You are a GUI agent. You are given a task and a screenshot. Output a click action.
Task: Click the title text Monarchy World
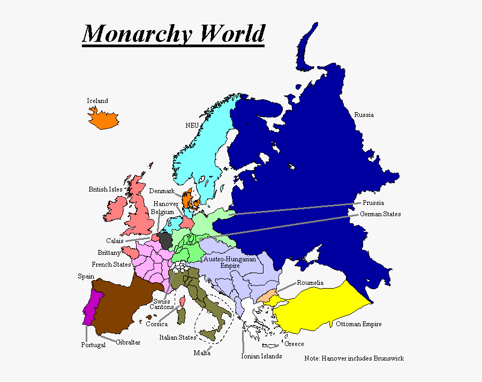pyautogui.click(x=173, y=34)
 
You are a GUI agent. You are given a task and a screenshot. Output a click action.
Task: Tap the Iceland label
pyautogui.click(x=97, y=101)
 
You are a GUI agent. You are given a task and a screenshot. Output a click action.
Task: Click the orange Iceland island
pyautogui.click(x=103, y=119)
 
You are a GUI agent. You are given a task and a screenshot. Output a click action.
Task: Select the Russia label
pyautogui.click(x=364, y=115)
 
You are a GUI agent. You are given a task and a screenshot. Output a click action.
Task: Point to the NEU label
pyautogui.click(x=192, y=125)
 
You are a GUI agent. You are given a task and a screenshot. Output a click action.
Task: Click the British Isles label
pyautogui.click(x=106, y=189)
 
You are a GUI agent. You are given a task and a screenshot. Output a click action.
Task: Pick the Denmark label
pyautogui.click(x=162, y=191)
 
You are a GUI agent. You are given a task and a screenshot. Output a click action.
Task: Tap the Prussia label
pyautogui.click(x=373, y=203)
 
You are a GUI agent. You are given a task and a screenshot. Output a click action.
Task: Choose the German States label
pyautogui.click(x=380, y=214)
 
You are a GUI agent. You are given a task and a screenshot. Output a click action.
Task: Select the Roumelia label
pyautogui.click(x=310, y=283)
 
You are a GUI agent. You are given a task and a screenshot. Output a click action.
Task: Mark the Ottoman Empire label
pyautogui.click(x=359, y=324)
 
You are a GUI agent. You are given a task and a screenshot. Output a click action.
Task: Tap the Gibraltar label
pyautogui.click(x=128, y=342)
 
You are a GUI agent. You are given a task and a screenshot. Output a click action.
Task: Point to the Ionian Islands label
pyautogui.click(x=261, y=356)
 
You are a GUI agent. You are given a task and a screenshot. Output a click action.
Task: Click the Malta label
pyautogui.click(x=202, y=353)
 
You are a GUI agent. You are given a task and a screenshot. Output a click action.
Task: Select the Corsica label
pyautogui.click(x=156, y=324)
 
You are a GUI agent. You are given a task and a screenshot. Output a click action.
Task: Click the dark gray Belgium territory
pyautogui.click(x=165, y=240)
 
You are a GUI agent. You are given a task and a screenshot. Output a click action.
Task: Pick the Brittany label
pyautogui.click(x=109, y=253)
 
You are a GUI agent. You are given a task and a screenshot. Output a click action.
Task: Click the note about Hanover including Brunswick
pyautogui.click(x=354, y=358)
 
